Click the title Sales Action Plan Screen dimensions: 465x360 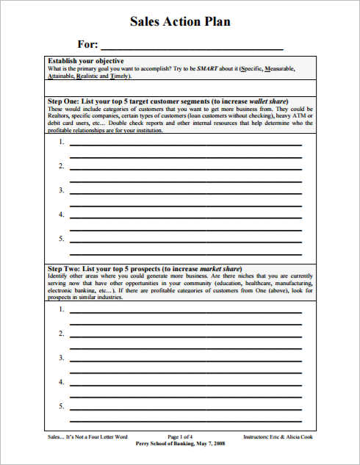pyautogui.click(x=180, y=21)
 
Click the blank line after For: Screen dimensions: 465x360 pyautogui.click(x=192, y=45)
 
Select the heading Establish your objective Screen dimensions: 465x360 pyautogui.click(x=85, y=60)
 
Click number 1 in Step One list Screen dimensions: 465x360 pyautogui.click(x=61, y=142)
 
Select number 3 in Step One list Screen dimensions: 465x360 pyautogui.click(x=61, y=190)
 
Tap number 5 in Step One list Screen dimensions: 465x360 pyautogui.click(x=61, y=239)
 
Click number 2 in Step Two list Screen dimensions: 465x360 pyautogui.click(x=61, y=334)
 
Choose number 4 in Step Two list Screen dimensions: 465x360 pyautogui.click(x=61, y=382)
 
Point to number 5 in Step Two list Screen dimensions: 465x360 pyautogui.click(x=61, y=406)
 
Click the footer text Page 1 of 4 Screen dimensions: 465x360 pyautogui.click(x=181, y=437)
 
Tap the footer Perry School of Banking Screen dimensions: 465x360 pyautogui.click(x=181, y=444)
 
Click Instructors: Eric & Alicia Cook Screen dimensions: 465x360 pyautogui.click(x=278, y=437)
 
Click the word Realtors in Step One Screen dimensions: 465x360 pyautogui.click(x=59, y=115)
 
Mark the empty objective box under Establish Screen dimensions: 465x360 pyautogui.click(x=180, y=88)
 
